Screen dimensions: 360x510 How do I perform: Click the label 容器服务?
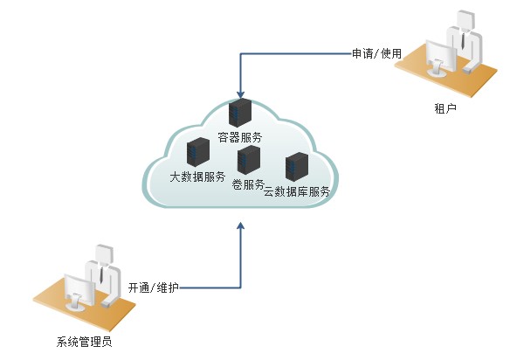239,137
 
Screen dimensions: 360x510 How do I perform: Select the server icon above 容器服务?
239,114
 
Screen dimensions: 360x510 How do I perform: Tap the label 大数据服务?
197,177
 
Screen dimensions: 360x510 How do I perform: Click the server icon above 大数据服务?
197,153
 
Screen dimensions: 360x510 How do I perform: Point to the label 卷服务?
248,184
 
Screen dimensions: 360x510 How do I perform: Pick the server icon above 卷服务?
249,161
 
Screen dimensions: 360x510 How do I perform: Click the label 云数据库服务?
297,191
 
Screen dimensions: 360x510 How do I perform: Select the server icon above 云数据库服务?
297,167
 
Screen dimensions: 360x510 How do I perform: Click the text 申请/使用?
376,53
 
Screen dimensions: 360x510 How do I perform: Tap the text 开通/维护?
153,287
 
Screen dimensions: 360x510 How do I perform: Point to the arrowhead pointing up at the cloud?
241,227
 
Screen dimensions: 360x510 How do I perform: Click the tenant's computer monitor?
439,59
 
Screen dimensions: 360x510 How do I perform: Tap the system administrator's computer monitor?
79,291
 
